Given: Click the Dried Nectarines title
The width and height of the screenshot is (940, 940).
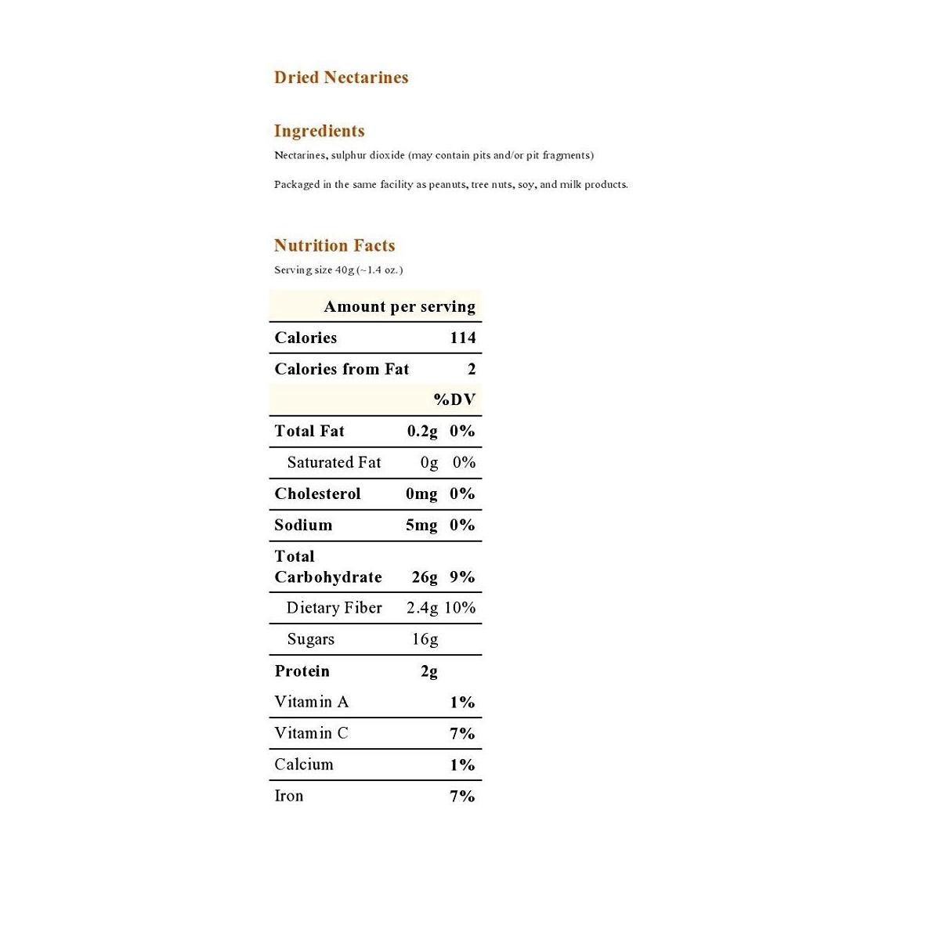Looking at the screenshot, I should click(341, 78).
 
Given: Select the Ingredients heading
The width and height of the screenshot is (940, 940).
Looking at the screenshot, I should click(319, 131).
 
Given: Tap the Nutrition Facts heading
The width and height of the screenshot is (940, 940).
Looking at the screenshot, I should click(334, 245).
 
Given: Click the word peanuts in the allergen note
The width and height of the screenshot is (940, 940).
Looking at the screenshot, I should click(446, 185).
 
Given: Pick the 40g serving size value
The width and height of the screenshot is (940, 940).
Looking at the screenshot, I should click(345, 270).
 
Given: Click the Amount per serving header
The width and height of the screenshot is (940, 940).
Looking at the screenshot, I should click(399, 306).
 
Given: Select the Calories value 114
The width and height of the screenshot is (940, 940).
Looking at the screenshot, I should click(462, 338).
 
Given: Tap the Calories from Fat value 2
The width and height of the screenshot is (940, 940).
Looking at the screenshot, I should click(472, 369).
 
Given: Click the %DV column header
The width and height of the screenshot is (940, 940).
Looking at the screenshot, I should click(454, 399).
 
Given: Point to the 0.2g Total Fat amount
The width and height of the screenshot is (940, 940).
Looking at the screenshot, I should click(422, 431).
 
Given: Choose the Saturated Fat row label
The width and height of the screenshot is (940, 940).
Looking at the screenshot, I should click(334, 462).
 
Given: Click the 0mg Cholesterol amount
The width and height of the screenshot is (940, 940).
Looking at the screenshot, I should click(421, 493).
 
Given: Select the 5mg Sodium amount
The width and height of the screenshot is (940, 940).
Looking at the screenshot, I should click(421, 525).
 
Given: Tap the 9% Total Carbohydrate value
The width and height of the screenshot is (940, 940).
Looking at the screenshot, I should click(462, 577).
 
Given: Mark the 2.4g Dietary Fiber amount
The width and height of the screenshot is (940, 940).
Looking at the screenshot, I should click(422, 608).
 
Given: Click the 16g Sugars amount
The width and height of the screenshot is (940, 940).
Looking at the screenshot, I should click(425, 639).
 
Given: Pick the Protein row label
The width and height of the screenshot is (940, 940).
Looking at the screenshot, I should click(302, 671).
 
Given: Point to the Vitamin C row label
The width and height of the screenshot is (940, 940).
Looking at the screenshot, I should click(311, 733).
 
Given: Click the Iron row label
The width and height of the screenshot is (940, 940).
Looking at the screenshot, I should click(288, 796).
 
